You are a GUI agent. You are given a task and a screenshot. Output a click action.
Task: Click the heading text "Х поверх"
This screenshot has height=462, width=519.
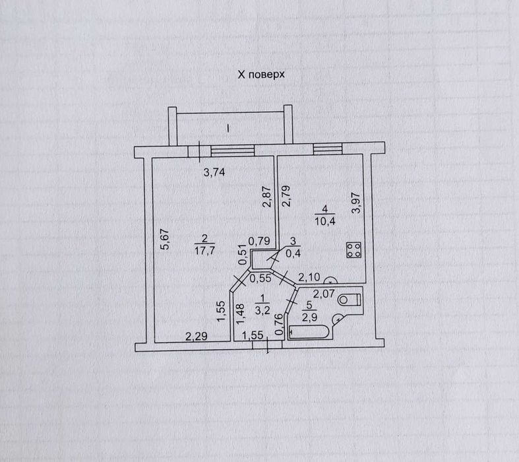tap(261, 75)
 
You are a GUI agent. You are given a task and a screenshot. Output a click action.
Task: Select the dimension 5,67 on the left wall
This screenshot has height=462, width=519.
tap(166, 239)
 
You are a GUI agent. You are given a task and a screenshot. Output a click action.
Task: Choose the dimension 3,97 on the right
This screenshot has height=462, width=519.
tap(356, 202)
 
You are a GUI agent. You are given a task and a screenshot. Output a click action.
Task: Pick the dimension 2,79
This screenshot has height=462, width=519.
tap(286, 197)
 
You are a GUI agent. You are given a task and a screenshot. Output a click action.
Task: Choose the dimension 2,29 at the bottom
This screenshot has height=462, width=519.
tap(196, 337)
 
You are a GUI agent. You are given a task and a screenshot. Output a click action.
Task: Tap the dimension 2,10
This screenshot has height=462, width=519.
tap(309, 277)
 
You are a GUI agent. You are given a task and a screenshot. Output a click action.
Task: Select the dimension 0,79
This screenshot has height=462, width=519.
tap(259, 242)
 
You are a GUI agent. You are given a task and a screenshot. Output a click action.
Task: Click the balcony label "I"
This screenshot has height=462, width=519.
tap(228, 127)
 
